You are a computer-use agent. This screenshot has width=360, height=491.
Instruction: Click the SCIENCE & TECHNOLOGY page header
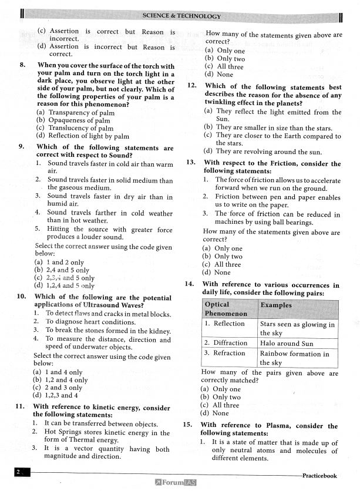(x=181, y=16)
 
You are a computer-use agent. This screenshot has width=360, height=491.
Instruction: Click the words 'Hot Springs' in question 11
(x=64, y=432)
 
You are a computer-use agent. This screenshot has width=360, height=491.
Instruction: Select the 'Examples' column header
(x=276, y=305)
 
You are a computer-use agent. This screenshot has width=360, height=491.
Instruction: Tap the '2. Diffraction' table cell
(x=226, y=343)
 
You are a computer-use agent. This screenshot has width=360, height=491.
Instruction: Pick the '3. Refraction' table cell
(x=226, y=353)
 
